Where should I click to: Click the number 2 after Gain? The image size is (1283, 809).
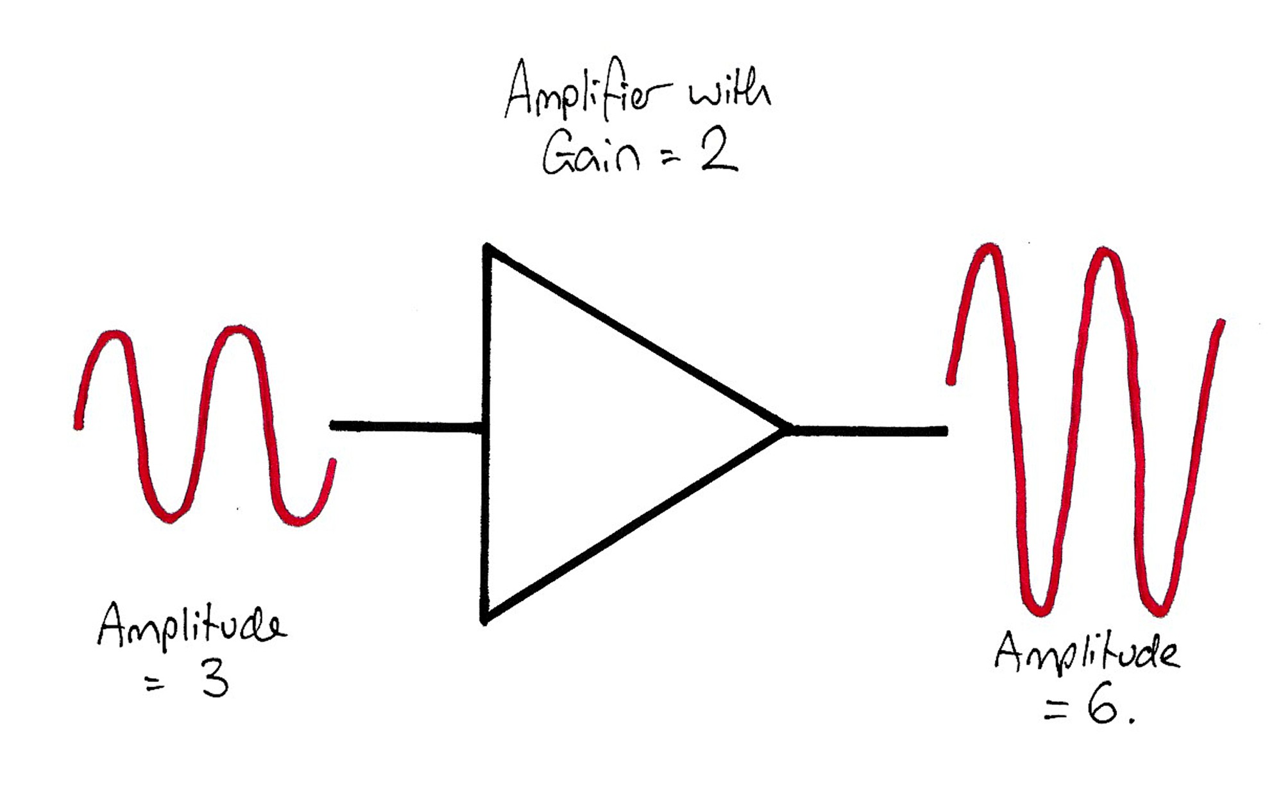718,154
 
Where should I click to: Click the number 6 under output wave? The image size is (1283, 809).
1101,707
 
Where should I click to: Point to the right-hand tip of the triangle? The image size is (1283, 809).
786,429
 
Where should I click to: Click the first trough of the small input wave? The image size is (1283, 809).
170,517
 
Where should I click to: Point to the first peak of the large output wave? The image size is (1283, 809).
990,248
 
